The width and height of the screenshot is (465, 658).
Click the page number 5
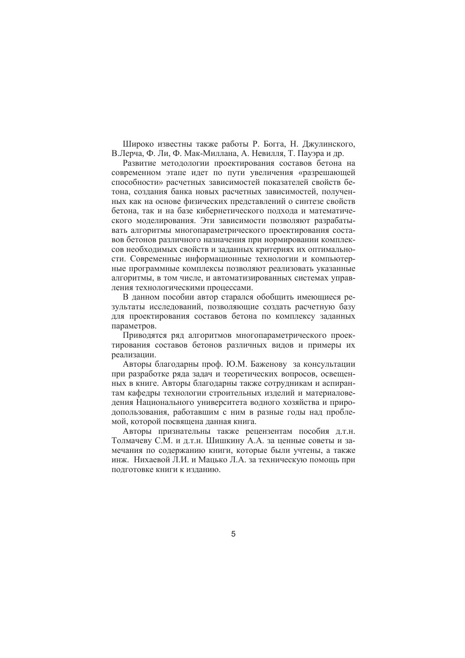click(x=233, y=534)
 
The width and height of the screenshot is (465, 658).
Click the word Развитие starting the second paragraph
click(x=139, y=163)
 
